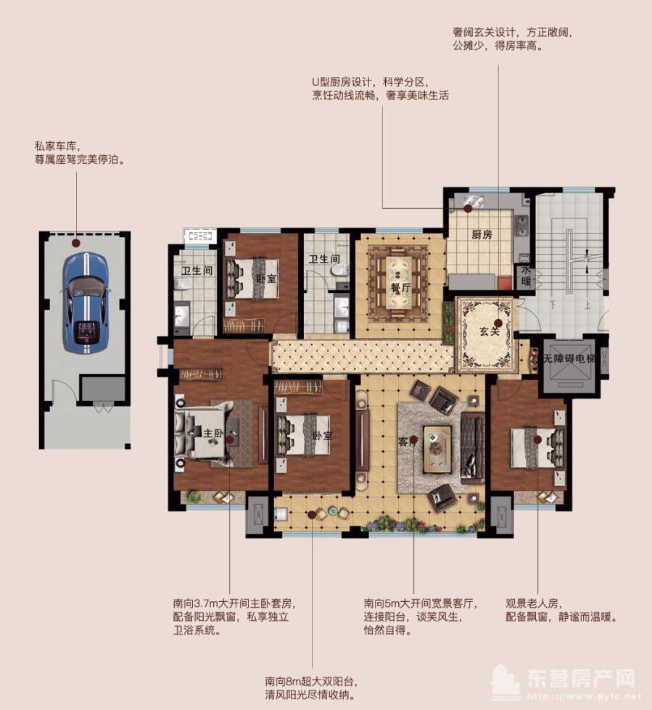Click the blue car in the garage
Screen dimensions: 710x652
pos(85,302)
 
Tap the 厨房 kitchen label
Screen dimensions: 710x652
pos(482,234)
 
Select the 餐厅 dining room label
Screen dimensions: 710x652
pos(401,286)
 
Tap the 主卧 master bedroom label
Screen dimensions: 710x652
pos(212,434)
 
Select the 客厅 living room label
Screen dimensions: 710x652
pos(406,439)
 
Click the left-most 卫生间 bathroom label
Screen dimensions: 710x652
pos(196,271)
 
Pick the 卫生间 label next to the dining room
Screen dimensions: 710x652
pos(324,259)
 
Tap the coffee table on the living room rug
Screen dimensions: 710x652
pos(437,441)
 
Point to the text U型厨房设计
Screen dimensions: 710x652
pos(342,82)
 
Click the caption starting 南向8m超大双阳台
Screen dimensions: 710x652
pos(311,682)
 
